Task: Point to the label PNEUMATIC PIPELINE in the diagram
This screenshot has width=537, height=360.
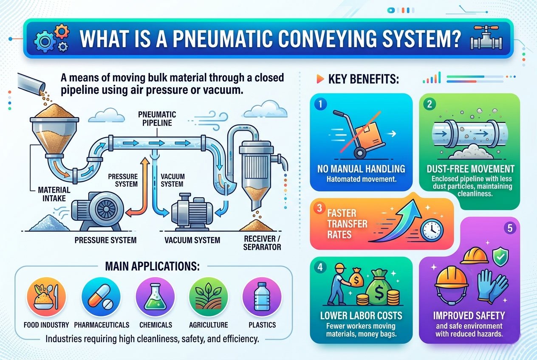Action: [x=157, y=119]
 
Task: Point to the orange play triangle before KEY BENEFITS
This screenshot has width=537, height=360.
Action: [x=319, y=79]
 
